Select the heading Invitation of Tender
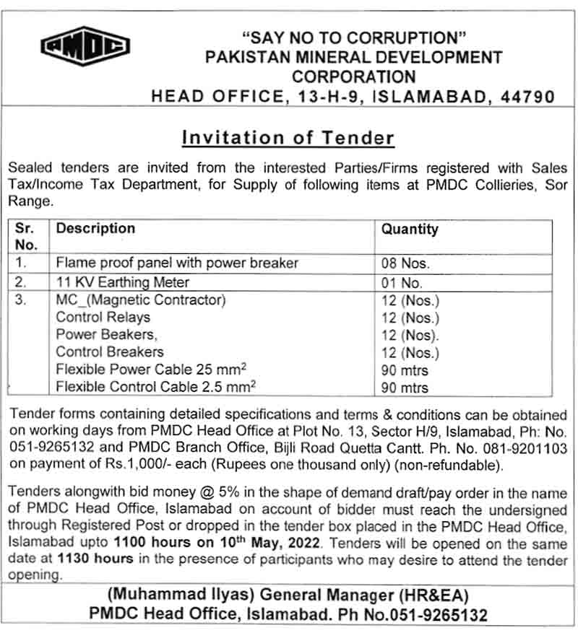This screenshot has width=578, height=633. pos(288,137)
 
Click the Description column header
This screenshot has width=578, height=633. pos(95,229)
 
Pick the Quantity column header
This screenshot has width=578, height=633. pos(410,230)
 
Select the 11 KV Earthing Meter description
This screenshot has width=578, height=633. pos(123,282)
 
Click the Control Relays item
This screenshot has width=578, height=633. pos(103,318)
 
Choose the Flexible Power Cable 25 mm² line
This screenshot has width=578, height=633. pos(152,370)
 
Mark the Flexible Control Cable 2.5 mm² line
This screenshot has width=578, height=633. pos(156,388)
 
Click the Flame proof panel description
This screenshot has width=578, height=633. pos(177,263)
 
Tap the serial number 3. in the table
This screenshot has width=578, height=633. pos(22,300)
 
